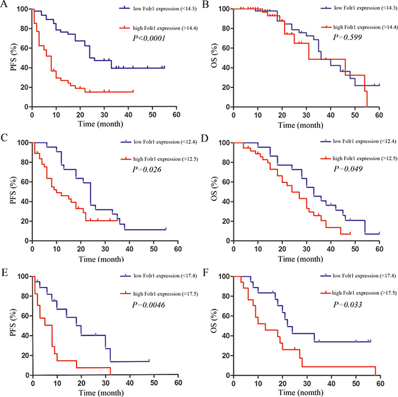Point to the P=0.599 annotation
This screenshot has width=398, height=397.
coord(347,37)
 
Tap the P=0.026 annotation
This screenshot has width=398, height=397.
coord(145,172)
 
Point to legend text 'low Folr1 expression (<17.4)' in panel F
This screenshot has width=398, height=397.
coord(353,275)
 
